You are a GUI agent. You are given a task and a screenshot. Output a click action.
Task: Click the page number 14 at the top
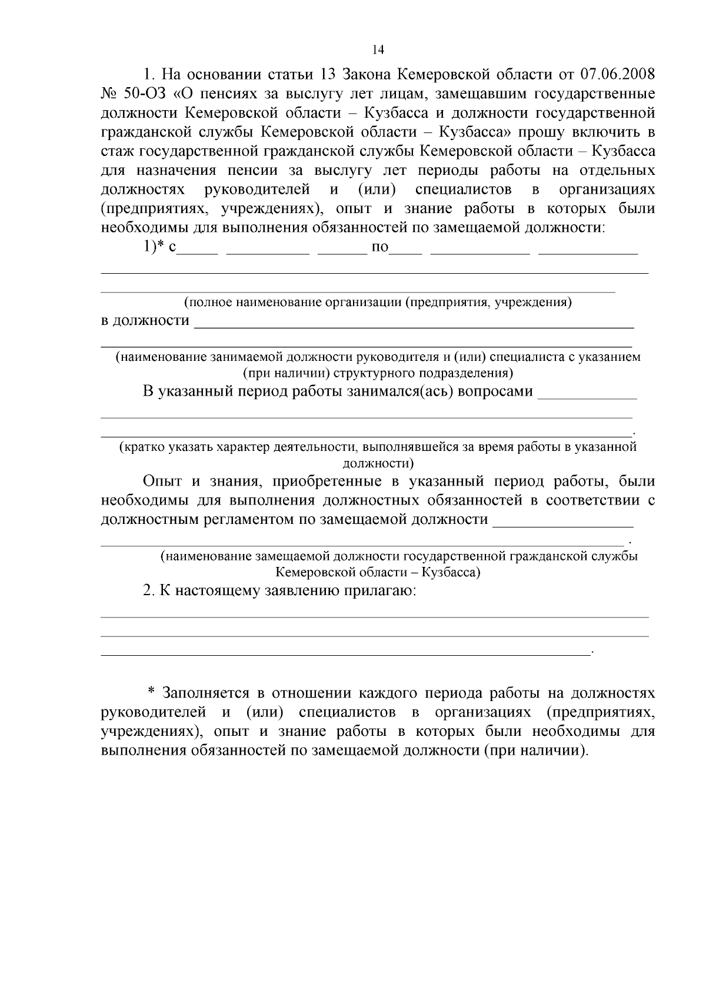coord(378,50)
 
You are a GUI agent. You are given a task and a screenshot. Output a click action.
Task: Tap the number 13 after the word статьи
coord(327,75)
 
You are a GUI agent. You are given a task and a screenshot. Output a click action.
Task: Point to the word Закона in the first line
coord(367,75)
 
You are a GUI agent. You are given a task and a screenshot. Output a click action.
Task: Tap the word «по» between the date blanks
coord(380,247)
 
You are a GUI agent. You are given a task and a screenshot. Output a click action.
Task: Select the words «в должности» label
coord(145,321)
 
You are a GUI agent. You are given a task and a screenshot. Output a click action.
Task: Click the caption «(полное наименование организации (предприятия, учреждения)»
coord(378,303)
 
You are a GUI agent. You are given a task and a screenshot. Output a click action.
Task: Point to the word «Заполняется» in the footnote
coord(202,693)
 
